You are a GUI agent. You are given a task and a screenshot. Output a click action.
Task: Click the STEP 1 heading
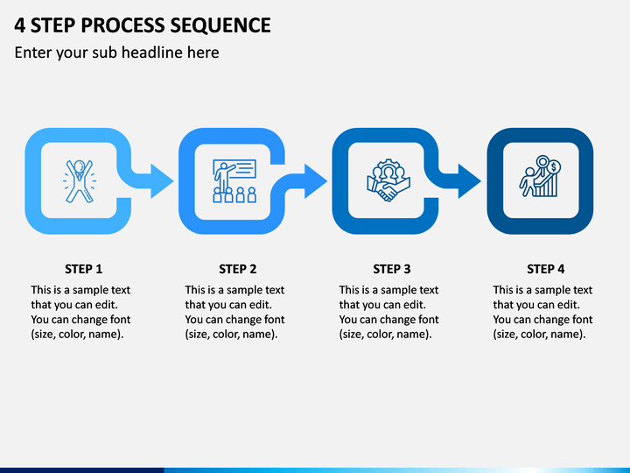(84, 269)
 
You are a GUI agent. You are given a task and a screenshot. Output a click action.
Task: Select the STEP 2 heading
(237, 269)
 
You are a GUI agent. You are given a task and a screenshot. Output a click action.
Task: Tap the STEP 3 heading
(392, 269)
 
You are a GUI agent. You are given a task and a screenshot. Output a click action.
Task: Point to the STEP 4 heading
(546, 269)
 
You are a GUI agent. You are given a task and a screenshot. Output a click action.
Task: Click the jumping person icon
(80, 181)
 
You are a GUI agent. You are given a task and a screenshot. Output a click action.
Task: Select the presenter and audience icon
(234, 181)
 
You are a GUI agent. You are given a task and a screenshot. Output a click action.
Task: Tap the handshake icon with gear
(388, 180)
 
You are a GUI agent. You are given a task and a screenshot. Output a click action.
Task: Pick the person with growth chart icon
(541, 176)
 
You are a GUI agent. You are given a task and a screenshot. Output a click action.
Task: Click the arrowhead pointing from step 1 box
(162, 181)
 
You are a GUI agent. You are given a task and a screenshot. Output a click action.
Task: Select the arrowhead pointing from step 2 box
(315, 181)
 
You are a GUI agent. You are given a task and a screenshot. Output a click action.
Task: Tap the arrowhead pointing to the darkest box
(469, 181)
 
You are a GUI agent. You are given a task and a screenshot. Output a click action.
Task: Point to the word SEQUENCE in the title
(220, 25)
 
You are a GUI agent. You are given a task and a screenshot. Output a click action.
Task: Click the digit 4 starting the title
(19, 25)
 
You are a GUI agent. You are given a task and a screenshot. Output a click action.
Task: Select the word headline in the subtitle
(170, 53)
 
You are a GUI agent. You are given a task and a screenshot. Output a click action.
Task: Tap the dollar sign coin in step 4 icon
(554, 166)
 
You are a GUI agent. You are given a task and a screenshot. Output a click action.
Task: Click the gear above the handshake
(388, 166)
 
